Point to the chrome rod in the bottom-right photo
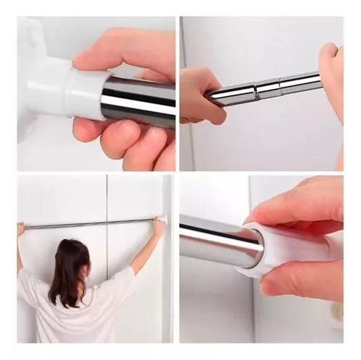pos(217,242)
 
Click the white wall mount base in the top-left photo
pos(36,72)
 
